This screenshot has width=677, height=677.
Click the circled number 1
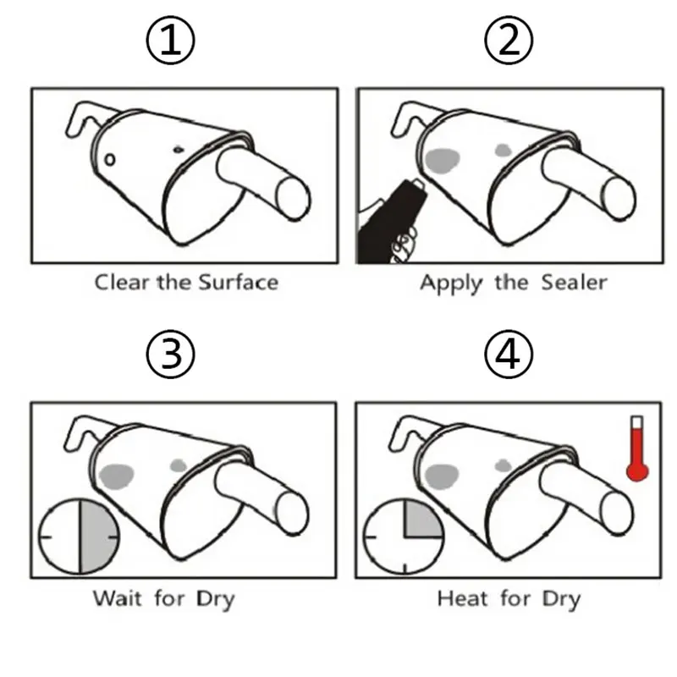(171, 41)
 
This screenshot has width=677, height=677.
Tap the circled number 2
(509, 41)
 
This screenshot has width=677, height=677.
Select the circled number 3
(171, 354)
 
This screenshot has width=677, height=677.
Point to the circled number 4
(509, 354)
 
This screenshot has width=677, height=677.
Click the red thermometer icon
(637, 449)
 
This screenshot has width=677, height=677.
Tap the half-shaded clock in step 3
(79, 537)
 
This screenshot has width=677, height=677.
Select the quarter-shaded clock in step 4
(405, 537)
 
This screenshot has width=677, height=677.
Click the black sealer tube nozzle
(416, 184)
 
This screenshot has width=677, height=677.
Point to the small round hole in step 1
(110, 160)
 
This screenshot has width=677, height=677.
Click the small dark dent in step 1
(179, 150)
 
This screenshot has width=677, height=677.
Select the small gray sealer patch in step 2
(503, 151)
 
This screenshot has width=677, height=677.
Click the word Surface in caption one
(239, 283)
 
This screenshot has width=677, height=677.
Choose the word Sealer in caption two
(575, 283)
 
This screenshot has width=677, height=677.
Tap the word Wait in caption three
(118, 598)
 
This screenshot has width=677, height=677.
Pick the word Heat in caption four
(462, 598)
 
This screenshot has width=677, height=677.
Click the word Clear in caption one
(122, 283)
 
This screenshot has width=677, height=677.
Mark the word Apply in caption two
(451, 284)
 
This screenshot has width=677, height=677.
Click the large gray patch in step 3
(116, 476)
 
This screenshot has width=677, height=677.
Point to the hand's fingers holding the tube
(405, 247)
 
